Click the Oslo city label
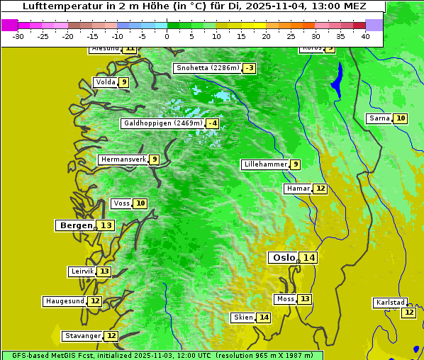(x=284, y=258)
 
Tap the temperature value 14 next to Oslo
(x=308, y=258)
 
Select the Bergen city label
(x=75, y=225)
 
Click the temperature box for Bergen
(x=106, y=225)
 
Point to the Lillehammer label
(x=265, y=164)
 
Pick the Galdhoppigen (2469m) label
(x=163, y=123)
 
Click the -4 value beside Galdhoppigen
(x=212, y=123)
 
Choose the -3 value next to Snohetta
(x=249, y=68)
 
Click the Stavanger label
(x=82, y=336)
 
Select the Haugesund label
(x=65, y=301)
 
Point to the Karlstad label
(x=390, y=303)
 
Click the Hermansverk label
(x=123, y=159)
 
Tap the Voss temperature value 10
(x=140, y=203)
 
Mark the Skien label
(x=243, y=317)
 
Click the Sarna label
(x=379, y=118)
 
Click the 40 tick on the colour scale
(x=365, y=36)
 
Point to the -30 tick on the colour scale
(x=18, y=36)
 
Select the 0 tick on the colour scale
(x=167, y=36)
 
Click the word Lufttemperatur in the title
(x=55, y=6)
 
